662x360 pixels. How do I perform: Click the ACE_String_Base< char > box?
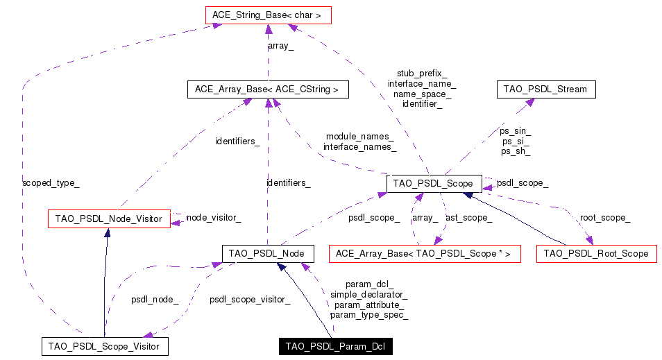click(268, 14)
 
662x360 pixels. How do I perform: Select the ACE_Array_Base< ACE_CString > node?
click(266, 89)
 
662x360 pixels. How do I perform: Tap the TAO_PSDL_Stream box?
click(546, 89)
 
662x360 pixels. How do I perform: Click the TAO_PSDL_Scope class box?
click(433, 183)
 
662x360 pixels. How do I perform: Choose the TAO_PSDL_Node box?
click(267, 253)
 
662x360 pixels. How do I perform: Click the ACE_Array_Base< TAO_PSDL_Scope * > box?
click(423, 254)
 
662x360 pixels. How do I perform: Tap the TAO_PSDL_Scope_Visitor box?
click(104, 346)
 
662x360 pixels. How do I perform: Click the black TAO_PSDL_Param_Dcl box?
click(334, 346)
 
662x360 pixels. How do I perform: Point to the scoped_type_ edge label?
click(51, 183)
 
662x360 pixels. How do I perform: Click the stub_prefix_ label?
click(421, 73)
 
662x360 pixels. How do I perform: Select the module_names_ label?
click(359, 137)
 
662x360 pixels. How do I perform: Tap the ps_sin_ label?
click(515, 130)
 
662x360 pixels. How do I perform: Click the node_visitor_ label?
click(214, 218)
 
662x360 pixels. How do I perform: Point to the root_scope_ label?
click(605, 218)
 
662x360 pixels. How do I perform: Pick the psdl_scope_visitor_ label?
click(250, 300)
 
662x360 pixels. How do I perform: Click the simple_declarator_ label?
click(368, 294)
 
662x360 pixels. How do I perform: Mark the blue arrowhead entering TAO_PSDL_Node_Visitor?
click(107, 232)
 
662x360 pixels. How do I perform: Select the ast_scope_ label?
click(468, 218)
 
